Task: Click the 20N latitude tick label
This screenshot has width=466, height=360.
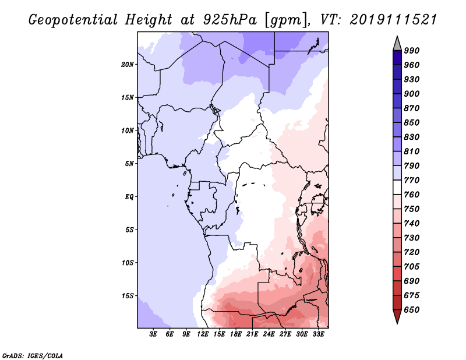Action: [x=128, y=64]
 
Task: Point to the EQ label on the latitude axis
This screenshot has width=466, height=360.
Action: [x=129, y=197]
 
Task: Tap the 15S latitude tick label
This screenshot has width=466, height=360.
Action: [x=128, y=296]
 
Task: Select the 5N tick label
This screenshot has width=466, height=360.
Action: [x=129, y=164]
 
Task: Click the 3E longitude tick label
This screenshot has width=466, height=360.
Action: [x=154, y=334]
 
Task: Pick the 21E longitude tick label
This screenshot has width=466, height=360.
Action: [x=252, y=334]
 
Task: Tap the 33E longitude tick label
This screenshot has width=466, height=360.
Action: [x=318, y=334]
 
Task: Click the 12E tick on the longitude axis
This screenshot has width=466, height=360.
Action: [x=203, y=334]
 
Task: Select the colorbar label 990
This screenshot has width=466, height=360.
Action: [x=412, y=51]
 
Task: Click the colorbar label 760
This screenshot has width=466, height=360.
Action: [x=412, y=195]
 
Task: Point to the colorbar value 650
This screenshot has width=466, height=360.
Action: [x=412, y=310]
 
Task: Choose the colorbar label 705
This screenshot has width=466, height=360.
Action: [x=412, y=267]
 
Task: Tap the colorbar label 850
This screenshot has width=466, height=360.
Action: [x=412, y=122]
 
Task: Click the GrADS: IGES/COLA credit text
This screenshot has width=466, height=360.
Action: [x=33, y=355]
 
